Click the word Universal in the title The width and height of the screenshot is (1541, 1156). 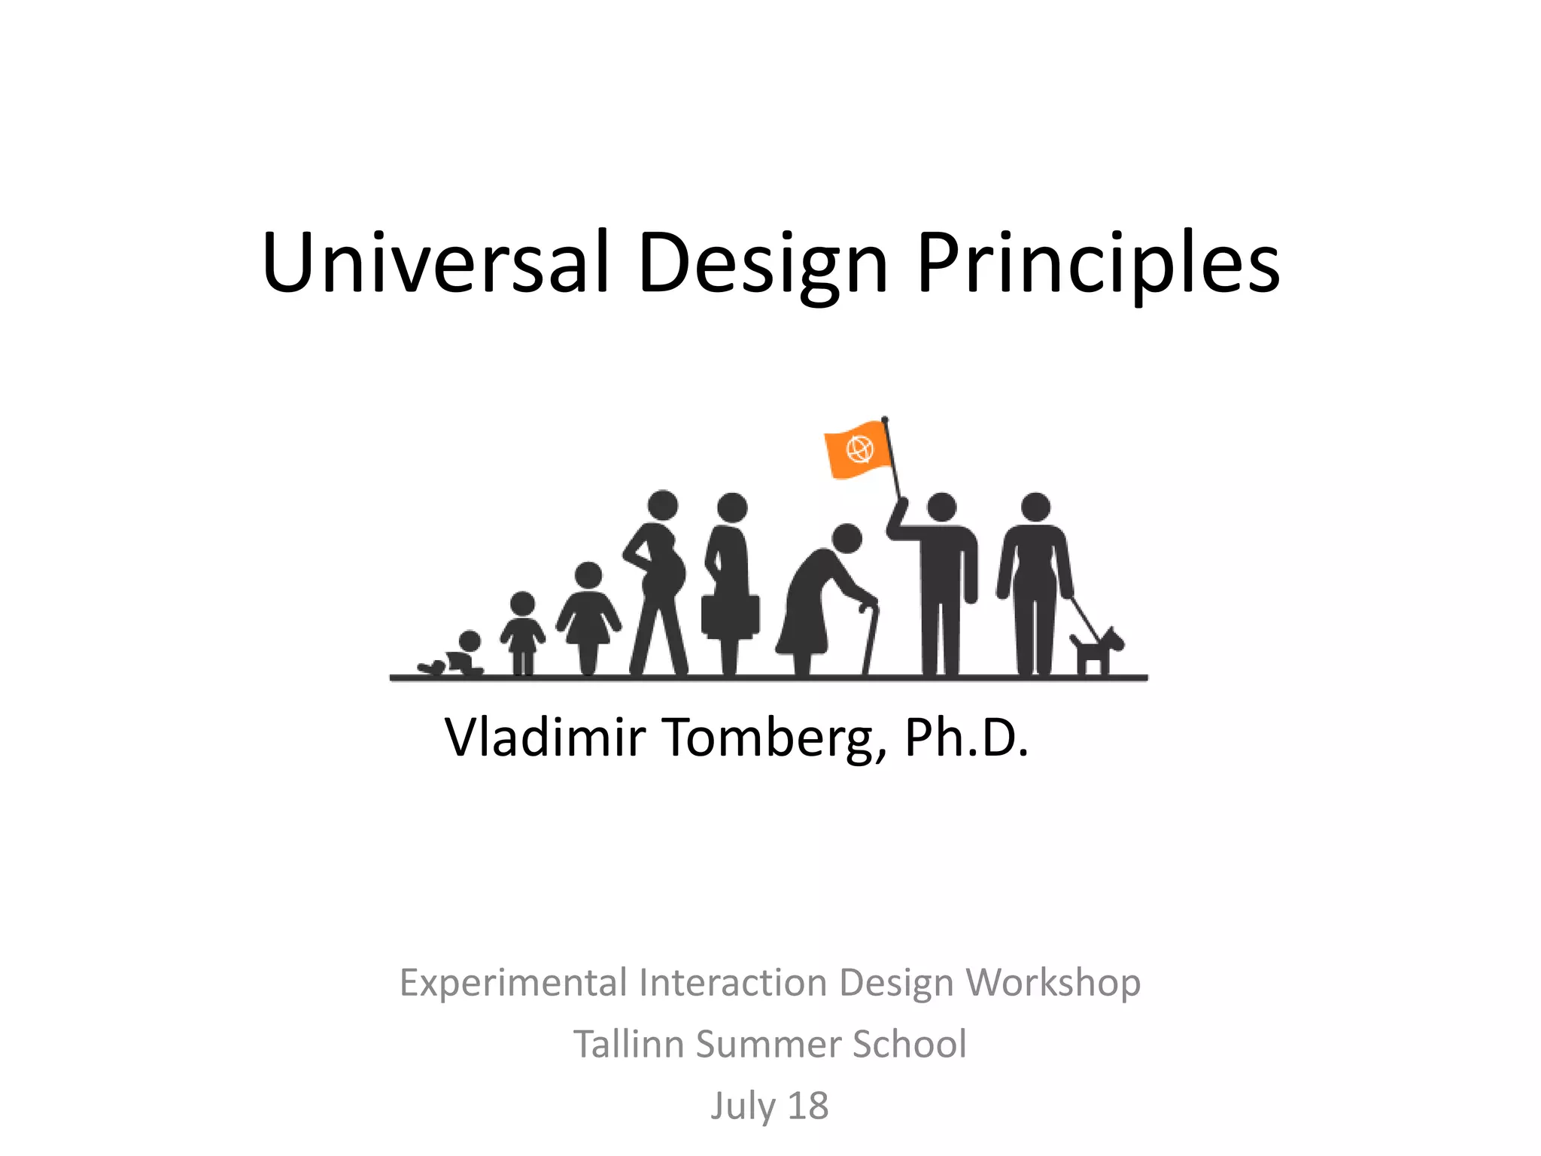[435, 262]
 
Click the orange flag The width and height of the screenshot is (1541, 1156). [858, 449]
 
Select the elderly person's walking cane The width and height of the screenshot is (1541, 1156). [871, 636]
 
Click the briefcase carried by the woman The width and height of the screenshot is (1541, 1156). [730, 616]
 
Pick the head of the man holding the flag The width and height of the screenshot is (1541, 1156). [941, 507]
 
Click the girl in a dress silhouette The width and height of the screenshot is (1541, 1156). [588, 613]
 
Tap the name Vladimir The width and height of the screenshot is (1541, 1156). [545, 738]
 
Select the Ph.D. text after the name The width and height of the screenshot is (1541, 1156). [966, 738]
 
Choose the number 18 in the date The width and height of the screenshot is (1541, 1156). [807, 1106]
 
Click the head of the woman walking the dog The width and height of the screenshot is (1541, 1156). [1035, 507]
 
